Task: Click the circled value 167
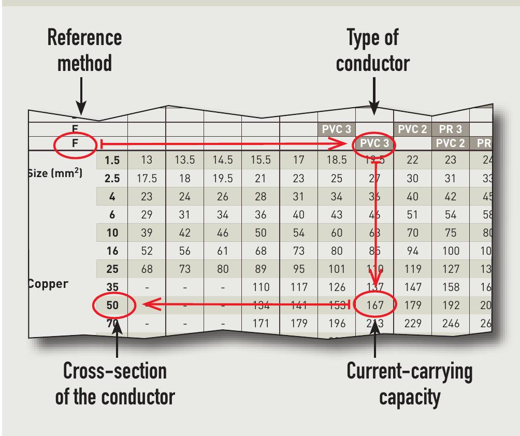coord(374,305)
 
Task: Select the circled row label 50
coord(112,305)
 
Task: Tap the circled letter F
coord(75,143)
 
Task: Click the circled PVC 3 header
coord(374,143)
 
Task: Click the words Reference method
coord(84,50)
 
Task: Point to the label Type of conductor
coord(372,50)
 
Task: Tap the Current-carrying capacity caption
coord(409,384)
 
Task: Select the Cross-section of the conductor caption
coord(115,384)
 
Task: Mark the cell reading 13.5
coord(184,161)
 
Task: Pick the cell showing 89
coord(261,269)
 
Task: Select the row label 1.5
coord(112,161)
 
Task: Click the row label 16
coord(112,251)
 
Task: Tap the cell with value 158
coord(450,287)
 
